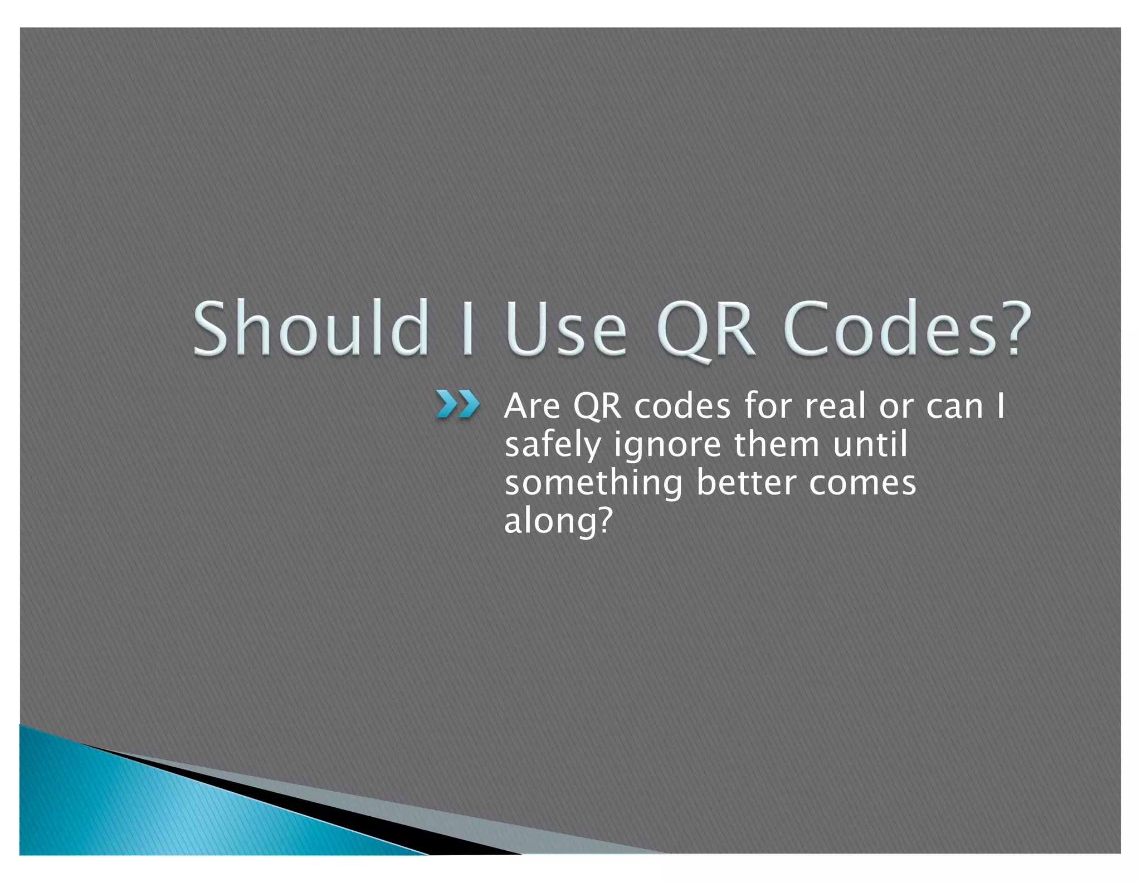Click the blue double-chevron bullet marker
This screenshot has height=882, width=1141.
coord(457,404)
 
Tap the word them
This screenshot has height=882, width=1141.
coord(777,444)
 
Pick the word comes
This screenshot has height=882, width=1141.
coord(862,483)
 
